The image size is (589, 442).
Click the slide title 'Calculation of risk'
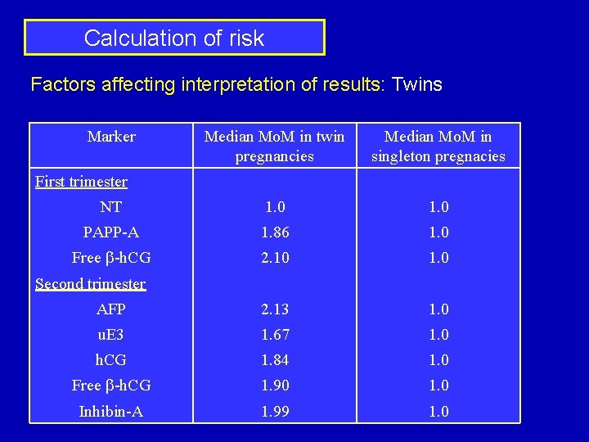(174, 38)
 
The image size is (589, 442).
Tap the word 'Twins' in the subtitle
(417, 84)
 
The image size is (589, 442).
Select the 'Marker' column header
(111, 137)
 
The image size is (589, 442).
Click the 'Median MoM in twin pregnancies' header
(274, 146)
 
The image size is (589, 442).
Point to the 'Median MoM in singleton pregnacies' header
(438, 146)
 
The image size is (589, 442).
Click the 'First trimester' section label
(81, 182)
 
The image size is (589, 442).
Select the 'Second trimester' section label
(90, 284)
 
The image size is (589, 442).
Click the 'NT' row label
(111, 207)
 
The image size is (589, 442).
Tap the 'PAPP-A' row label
(111, 232)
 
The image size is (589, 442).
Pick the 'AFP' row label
(111, 309)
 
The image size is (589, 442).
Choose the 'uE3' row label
(111, 335)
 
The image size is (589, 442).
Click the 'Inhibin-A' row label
(111, 412)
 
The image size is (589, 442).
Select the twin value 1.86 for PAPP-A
(275, 232)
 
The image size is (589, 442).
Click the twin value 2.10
(275, 258)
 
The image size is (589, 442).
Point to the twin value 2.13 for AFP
(275, 309)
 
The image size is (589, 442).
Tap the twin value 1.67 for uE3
(275, 335)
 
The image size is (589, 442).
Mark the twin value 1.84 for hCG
(275, 360)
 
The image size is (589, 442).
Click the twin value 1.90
(275, 386)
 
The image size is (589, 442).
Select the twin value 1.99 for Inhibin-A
(275, 412)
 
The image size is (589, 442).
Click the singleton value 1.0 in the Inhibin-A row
(438, 412)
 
